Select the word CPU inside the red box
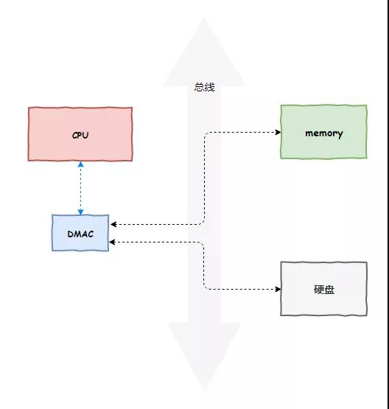80,136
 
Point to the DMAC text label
80,233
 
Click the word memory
323,133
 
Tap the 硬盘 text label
323,290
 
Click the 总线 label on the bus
204,87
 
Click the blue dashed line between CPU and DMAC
80,188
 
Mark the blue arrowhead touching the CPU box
80,165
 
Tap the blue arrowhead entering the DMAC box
80,212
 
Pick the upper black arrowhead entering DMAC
113,224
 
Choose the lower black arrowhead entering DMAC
113,242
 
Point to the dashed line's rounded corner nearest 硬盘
206,286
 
